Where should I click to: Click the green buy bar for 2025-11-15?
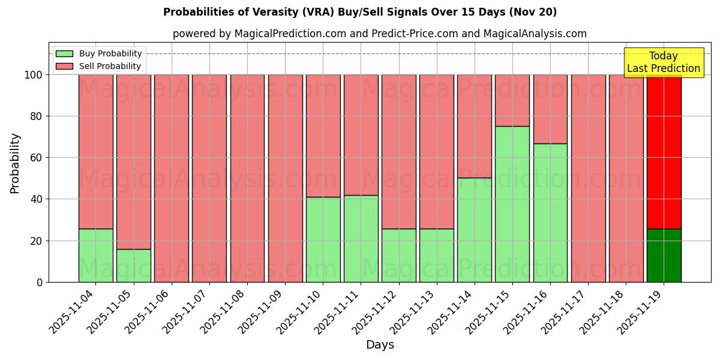pyautogui.click(x=512, y=204)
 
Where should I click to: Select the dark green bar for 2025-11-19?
pyautogui.click(x=664, y=255)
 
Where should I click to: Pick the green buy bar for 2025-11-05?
pyautogui.click(x=133, y=265)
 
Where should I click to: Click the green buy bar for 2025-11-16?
pyautogui.click(x=550, y=212)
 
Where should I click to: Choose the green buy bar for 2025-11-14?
pyautogui.click(x=475, y=230)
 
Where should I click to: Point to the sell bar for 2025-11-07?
pyautogui.click(x=209, y=178)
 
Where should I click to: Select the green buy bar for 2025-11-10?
pyautogui.click(x=323, y=239)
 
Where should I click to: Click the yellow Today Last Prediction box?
pyautogui.click(x=663, y=62)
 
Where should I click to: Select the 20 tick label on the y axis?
pyautogui.click(x=36, y=241)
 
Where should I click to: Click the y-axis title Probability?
pyautogui.click(x=15, y=163)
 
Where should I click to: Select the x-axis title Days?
pyautogui.click(x=380, y=345)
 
